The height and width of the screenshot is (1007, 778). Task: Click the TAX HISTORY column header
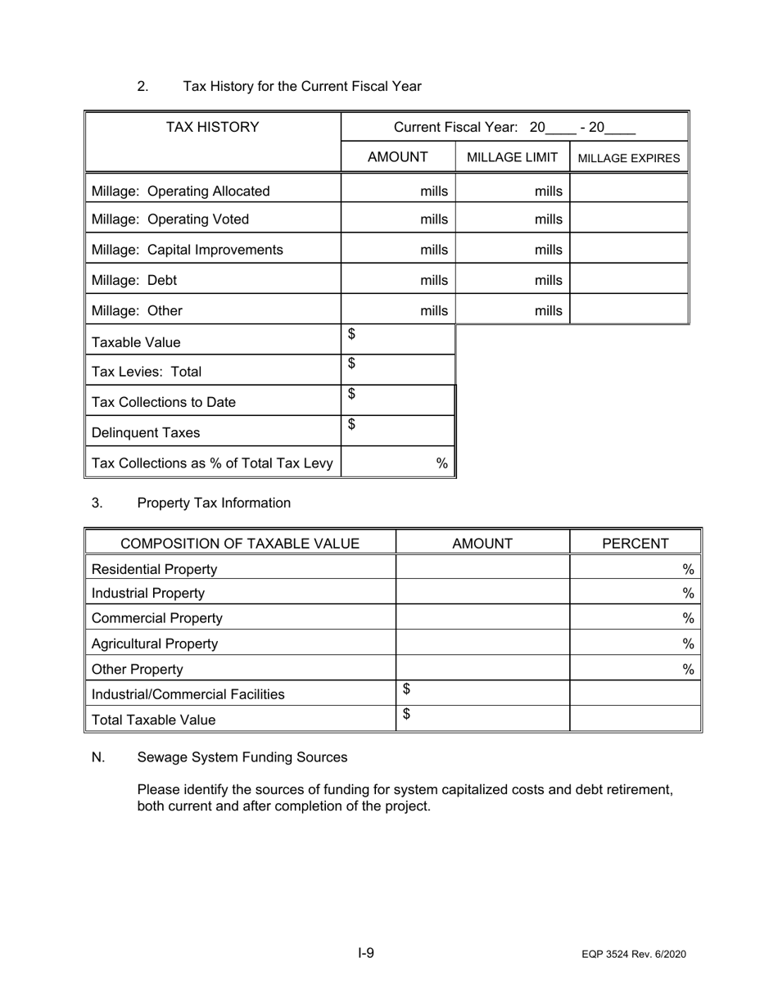[213, 127]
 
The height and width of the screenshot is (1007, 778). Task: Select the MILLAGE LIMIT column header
[512, 157]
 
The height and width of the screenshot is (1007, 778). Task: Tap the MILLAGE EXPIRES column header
[629, 158]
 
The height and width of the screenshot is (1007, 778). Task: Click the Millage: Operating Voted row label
[170, 219]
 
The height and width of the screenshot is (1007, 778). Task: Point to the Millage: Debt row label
[134, 280]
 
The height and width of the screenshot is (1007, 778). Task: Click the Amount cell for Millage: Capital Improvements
[398, 249]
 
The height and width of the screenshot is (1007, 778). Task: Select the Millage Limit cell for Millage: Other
[512, 310]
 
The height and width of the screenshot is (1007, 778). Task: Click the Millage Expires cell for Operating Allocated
[629, 191]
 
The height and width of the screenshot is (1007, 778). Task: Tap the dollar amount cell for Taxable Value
[398, 340]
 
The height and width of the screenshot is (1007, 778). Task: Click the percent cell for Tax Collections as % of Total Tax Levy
[398, 463]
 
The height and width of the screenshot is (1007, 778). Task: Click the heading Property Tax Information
[214, 503]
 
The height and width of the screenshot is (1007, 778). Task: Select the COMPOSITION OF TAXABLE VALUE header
[240, 543]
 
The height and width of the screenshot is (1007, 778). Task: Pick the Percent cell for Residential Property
[636, 569]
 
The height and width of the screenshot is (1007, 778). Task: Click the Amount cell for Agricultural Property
[482, 643]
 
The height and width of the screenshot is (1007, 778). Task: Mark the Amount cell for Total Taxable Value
[482, 719]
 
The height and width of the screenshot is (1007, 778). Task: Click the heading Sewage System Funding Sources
[242, 757]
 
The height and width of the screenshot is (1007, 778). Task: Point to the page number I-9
[365, 952]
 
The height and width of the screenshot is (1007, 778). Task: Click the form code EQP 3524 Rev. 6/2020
[634, 955]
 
